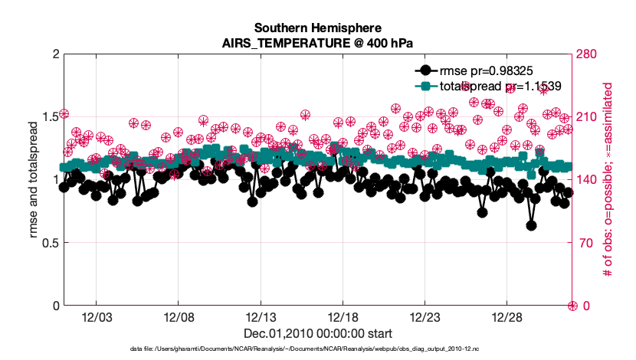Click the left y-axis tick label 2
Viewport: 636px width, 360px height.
(x=54, y=54)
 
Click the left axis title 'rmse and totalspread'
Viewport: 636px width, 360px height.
(x=34, y=180)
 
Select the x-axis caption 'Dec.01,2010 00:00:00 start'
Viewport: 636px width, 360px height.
(x=317, y=334)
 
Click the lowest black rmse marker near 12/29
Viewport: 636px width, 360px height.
(x=531, y=225)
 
